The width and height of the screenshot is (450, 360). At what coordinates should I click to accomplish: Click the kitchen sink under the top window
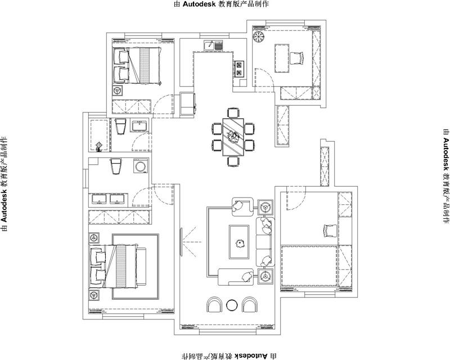click(213, 46)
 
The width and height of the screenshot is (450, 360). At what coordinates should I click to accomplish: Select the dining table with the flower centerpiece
click(233, 137)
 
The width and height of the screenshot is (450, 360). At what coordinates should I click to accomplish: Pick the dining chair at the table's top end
click(233, 112)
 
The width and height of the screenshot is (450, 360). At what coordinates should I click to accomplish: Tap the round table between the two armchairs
click(232, 305)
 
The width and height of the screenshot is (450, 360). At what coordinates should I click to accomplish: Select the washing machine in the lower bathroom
click(141, 166)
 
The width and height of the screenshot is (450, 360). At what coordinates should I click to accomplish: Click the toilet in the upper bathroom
click(120, 127)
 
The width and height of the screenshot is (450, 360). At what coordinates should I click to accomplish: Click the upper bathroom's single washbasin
click(139, 127)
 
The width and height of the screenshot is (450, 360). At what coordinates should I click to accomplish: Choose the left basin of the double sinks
click(99, 199)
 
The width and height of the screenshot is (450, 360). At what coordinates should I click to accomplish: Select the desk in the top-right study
click(282, 58)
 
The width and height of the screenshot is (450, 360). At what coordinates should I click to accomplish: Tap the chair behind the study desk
click(296, 58)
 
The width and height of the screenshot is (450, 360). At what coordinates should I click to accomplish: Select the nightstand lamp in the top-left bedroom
click(118, 91)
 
